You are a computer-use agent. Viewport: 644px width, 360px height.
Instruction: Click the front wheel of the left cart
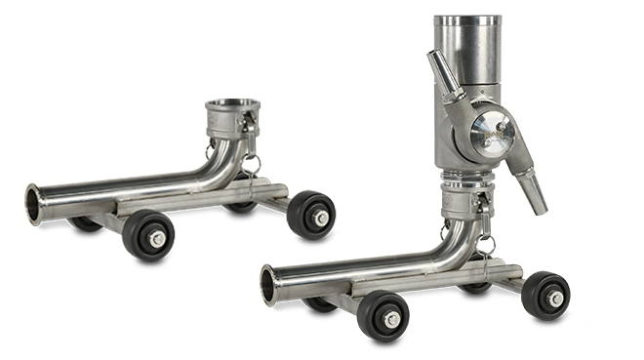click(148, 235)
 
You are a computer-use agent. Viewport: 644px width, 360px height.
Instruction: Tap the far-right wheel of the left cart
click(311, 216)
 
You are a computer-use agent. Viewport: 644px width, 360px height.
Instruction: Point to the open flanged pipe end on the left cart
click(36, 205)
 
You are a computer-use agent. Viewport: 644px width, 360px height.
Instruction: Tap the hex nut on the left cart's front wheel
click(155, 239)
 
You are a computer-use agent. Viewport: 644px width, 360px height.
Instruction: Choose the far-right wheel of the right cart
click(545, 296)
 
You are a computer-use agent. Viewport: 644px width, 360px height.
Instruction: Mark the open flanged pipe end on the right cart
click(270, 285)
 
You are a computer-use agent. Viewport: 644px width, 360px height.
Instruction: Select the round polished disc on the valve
click(491, 134)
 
